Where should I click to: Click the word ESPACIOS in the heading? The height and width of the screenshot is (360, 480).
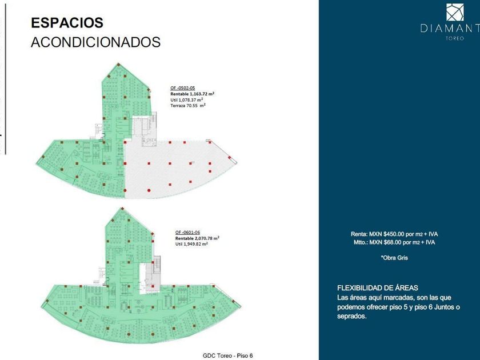67,23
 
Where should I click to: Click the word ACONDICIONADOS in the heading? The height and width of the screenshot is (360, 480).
95,42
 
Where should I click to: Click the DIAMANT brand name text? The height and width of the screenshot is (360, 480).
450,28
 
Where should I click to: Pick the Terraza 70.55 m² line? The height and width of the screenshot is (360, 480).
188,106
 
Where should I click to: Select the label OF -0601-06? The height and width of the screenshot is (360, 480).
187,232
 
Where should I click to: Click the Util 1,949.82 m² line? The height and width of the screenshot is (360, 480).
191,245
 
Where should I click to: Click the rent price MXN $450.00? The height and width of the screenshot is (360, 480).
389,234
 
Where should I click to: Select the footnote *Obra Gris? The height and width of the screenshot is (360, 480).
394,258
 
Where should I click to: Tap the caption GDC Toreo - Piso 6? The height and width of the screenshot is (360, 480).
227,355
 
